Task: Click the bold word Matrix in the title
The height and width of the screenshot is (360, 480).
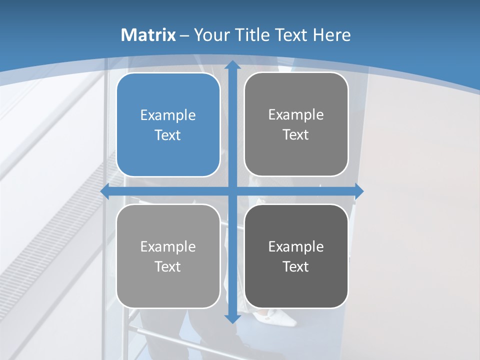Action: (148, 35)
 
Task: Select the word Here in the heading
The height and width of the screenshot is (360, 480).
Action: (332, 35)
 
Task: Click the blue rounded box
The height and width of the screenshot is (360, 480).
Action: (168, 124)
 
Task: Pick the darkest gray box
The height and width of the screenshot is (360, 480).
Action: (296, 256)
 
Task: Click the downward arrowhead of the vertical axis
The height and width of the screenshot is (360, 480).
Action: (232, 317)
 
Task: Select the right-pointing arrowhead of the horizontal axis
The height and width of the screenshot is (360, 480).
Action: (358, 191)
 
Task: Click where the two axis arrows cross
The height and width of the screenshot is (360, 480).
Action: (232, 191)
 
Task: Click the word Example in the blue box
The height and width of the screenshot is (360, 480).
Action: (168, 115)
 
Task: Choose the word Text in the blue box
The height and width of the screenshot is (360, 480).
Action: (168, 135)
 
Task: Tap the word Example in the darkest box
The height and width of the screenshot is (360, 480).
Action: (296, 246)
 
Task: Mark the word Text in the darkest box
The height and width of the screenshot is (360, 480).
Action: (296, 266)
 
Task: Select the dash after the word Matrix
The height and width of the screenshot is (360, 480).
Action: (184, 35)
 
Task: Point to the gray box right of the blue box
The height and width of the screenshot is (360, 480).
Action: (296, 124)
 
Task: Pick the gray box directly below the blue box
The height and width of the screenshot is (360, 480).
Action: (168, 256)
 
